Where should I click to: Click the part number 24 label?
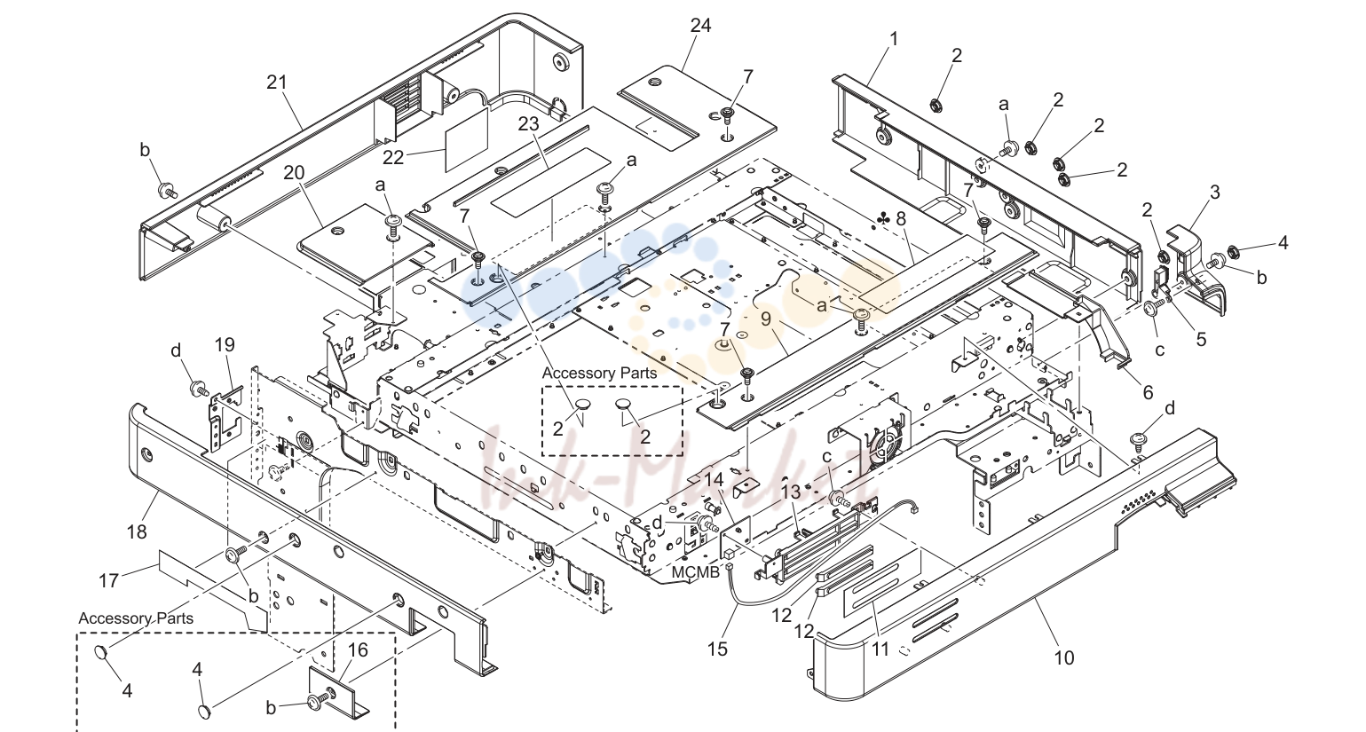point(700,26)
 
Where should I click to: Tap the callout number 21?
point(277,82)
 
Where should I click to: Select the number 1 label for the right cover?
point(894,40)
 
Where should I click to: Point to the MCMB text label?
point(695,572)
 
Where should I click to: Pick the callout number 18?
point(137,532)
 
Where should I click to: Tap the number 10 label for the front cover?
point(1063,658)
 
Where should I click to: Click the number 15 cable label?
point(718,649)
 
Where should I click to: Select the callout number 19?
point(225,345)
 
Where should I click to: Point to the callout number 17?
point(108,581)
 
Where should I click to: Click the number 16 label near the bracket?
point(358,650)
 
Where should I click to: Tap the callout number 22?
point(393,157)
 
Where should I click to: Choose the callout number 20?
point(294,172)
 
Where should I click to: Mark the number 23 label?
point(529,123)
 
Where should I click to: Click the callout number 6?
point(1148,392)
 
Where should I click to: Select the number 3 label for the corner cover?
point(1215,193)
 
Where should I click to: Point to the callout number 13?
point(791,492)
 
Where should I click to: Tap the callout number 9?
point(766,319)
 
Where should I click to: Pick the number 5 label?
point(1201,340)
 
